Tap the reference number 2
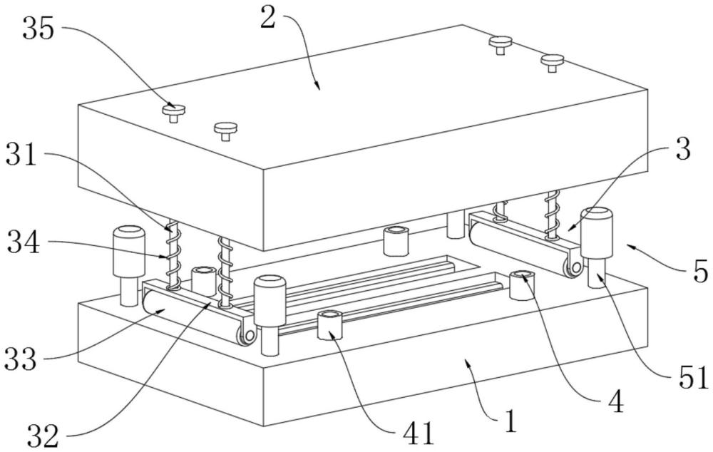tap(268, 19)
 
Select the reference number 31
tap(21, 155)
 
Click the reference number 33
tap(21, 359)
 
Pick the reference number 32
tap(43, 436)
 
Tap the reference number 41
tap(419, 433)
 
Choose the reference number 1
tap(511, 421)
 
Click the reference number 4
tap(616, 401)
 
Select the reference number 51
tap(694, 377)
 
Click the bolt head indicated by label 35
tap(174, 109)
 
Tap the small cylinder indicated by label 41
tap(330, 326)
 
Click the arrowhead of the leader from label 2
tap(317, 87)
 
